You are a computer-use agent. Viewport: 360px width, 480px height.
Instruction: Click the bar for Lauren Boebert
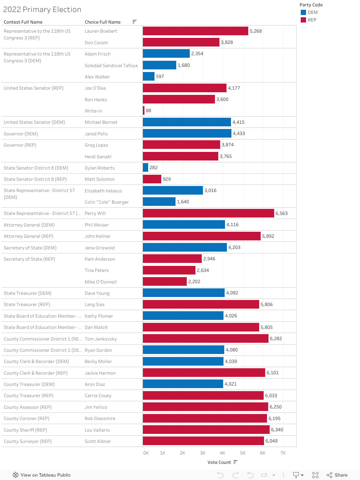tap(195, 31)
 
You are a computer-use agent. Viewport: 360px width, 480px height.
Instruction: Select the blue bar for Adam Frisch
tap(166, 54)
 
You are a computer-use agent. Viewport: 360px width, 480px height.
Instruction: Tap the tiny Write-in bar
tap(144, 111)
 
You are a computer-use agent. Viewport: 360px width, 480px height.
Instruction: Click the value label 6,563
tap(282, 213)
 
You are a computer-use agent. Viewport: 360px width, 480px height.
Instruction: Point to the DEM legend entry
tap(312, 12)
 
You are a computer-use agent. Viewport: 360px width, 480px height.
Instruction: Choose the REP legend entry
tap(312, 20)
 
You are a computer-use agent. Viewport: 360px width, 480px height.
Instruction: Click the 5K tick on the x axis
tap(243, 453)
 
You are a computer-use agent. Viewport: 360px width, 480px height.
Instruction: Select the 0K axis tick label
tap(146, 453)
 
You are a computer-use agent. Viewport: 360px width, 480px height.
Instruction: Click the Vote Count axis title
tap(219, 462)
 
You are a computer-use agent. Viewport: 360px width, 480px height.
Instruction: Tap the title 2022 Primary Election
tap(42, 10)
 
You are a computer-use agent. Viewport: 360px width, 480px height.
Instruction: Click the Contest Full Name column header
tap(23, 22)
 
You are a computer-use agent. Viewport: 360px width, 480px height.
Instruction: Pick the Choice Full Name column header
tap(102, 22)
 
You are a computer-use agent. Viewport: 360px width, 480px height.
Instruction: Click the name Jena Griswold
tap(99, 248)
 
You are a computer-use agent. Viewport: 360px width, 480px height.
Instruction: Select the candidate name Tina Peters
tap(96, 270)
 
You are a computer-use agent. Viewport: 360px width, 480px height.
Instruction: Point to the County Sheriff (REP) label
tap(25, 430)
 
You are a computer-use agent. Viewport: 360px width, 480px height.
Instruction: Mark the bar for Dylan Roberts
tap(145, 168)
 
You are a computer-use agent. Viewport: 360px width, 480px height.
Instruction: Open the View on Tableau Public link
tap(42, 475)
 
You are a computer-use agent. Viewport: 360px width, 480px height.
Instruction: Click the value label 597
tap(160, 76)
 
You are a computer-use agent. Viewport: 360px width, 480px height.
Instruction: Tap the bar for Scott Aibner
tap(203, 441)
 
